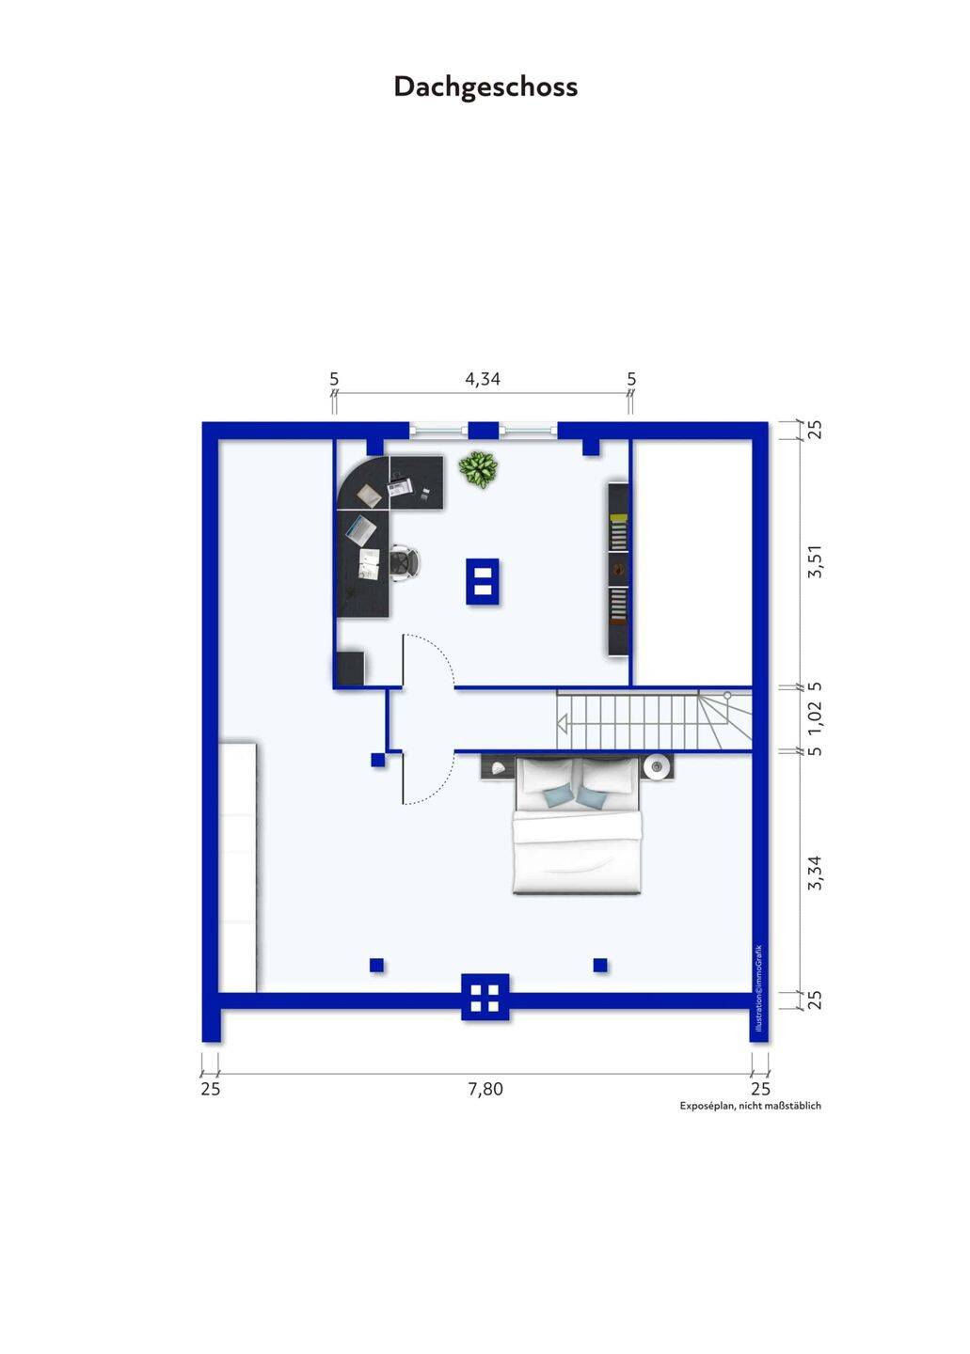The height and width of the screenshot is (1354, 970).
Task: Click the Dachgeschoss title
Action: (x=485, y=87)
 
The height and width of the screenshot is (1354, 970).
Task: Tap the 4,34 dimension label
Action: (x=482, y=379)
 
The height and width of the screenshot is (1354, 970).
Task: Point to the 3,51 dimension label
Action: (x=816, y=564)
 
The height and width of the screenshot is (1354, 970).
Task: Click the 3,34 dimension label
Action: (x=816, y=873)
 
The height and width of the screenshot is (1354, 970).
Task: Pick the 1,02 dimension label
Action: (x=816, y=718)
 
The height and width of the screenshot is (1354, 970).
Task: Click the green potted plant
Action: (x=478, y=469)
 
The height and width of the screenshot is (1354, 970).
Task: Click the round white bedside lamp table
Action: (x=657, y=767)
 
